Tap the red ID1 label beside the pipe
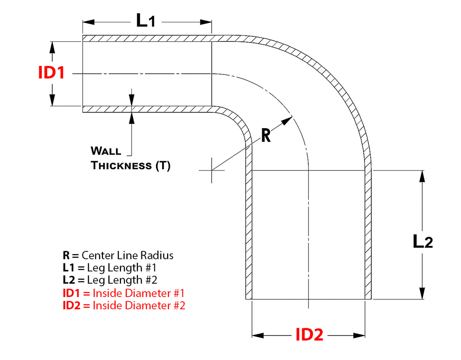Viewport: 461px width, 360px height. click(x=51, y=73)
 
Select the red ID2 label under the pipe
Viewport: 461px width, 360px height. click(x=309, y=335)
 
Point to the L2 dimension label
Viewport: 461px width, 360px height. click(x=423, y=241)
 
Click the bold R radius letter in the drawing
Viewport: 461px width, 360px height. click(x=266, y=135)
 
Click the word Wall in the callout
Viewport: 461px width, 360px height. click(x=106, y=151)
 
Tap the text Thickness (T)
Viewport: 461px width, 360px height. click(x=131, y=165)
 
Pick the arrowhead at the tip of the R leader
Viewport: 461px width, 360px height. click(x=287, y=121)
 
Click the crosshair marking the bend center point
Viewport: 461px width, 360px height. click(x=212, y=170)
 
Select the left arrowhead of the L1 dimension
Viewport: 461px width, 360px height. click(x=88, y=22)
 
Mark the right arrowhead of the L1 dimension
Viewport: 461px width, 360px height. click(x=206, y=22)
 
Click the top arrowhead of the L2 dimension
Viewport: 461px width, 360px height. click(x=422, y=176)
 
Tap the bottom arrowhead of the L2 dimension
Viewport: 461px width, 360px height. click(x=422, y=293)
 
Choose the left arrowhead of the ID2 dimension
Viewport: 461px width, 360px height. click(x=258, y=335)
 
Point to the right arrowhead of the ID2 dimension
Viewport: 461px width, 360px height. click(x=359, y=335)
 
